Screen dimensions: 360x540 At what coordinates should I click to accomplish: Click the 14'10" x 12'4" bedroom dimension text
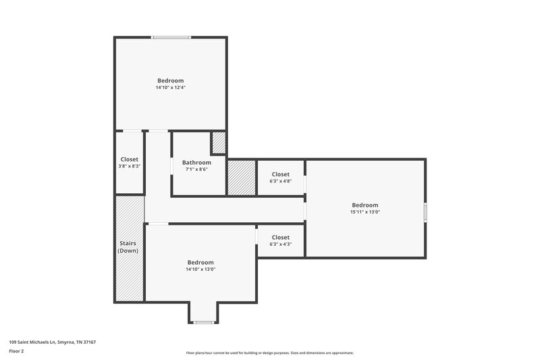coord(170,88)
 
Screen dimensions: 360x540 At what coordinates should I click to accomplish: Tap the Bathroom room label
coord(196,162)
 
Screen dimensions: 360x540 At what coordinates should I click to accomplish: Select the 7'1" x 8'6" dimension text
coord(196,170)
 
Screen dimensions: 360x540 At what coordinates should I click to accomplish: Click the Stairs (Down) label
coord(128,247)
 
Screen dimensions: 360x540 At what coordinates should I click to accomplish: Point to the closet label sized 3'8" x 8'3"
coord(130,159)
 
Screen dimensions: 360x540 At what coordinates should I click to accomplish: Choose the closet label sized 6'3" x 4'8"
coord(280,174)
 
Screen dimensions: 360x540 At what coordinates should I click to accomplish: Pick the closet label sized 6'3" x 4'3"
coord(280,237)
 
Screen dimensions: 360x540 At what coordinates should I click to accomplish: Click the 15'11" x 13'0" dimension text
coord(365,212)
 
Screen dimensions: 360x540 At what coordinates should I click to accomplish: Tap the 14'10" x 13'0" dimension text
coord(200,269)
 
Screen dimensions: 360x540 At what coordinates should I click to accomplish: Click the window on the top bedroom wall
coord(170,38)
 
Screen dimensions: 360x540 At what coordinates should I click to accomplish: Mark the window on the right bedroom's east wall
coord(425,211)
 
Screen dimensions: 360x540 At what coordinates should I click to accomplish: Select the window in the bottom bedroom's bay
coord(203,322)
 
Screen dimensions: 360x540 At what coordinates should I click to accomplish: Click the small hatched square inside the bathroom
coord(219,143)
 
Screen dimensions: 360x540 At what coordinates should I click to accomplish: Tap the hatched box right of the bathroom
coord(241,177)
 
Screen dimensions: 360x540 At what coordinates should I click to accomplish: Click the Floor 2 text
coord(16,351)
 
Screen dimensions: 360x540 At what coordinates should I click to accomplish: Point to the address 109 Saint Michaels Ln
coord(52,342)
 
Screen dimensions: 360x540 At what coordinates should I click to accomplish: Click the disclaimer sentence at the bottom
coord(270,353)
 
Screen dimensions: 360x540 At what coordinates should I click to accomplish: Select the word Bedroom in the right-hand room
coord(365,205)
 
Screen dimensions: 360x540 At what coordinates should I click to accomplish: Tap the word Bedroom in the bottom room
coord(200,262)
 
